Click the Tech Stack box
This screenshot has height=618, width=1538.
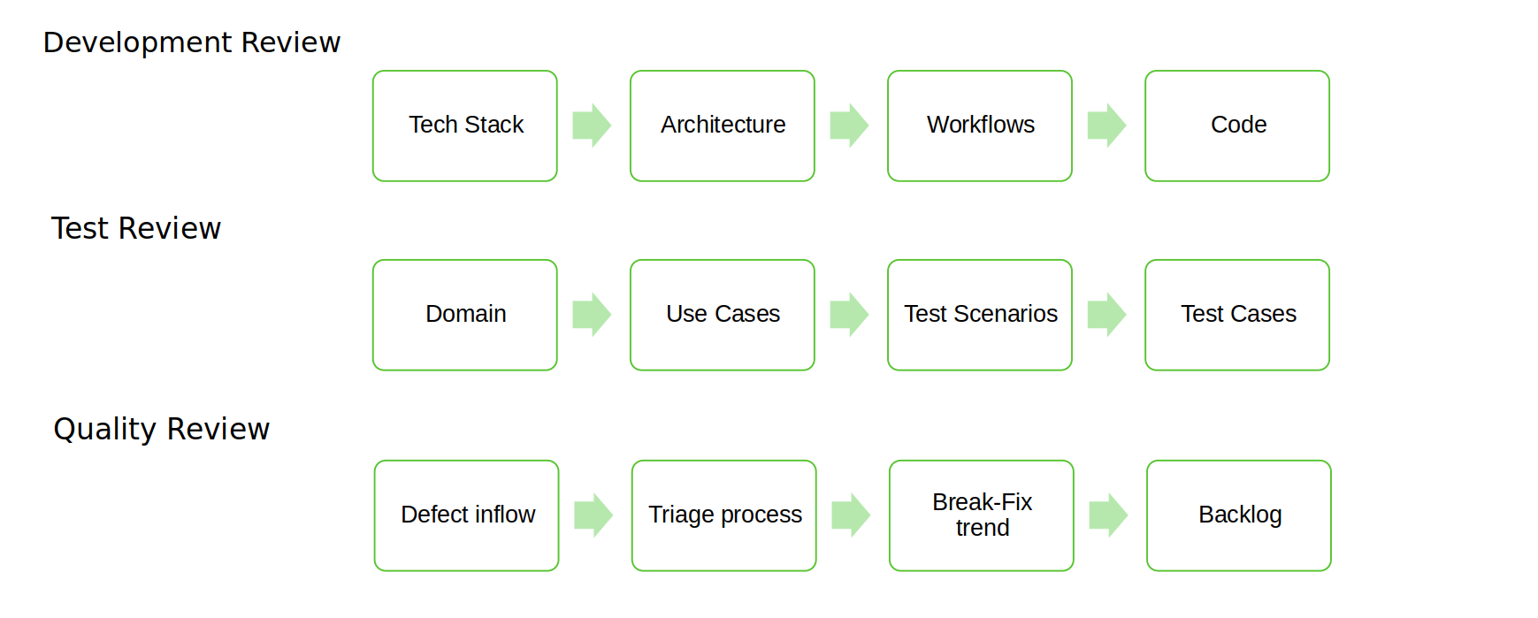click(x=465, y=126)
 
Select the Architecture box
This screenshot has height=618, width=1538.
click(x=723, y=126)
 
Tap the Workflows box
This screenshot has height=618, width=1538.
click(x=980, y=126)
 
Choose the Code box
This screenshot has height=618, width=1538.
click(x=1237, y=126)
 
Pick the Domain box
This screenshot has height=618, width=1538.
click(x=465, y=315)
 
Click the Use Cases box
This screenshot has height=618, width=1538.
click(x=723, y=315)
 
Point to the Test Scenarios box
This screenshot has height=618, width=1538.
click(x=980, y=315)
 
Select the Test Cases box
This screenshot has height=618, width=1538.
click(x=1237, y=315)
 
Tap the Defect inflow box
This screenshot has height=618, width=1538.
click(x=467, y=515)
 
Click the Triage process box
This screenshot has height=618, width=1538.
click(x=724, y=515)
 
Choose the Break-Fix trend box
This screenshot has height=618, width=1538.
click(x=982, y=515)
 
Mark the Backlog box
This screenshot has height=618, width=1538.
click(x=1239, y=515)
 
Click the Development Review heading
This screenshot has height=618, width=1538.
click(x=192, y=42)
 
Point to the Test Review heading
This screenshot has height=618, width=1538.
click(x=136, y=228)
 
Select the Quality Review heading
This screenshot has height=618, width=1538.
click(x=162, y=429)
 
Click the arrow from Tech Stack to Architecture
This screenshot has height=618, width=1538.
click(x=592, y=126)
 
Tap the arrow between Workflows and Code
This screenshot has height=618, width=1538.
click(x=1106, y=126)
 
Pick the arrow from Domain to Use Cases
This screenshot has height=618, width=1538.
click(x=592, y=315)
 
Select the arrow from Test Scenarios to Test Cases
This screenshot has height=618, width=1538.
click(x=1106, y=315)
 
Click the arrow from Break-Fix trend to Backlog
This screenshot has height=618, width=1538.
click(x=1108, y=515)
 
